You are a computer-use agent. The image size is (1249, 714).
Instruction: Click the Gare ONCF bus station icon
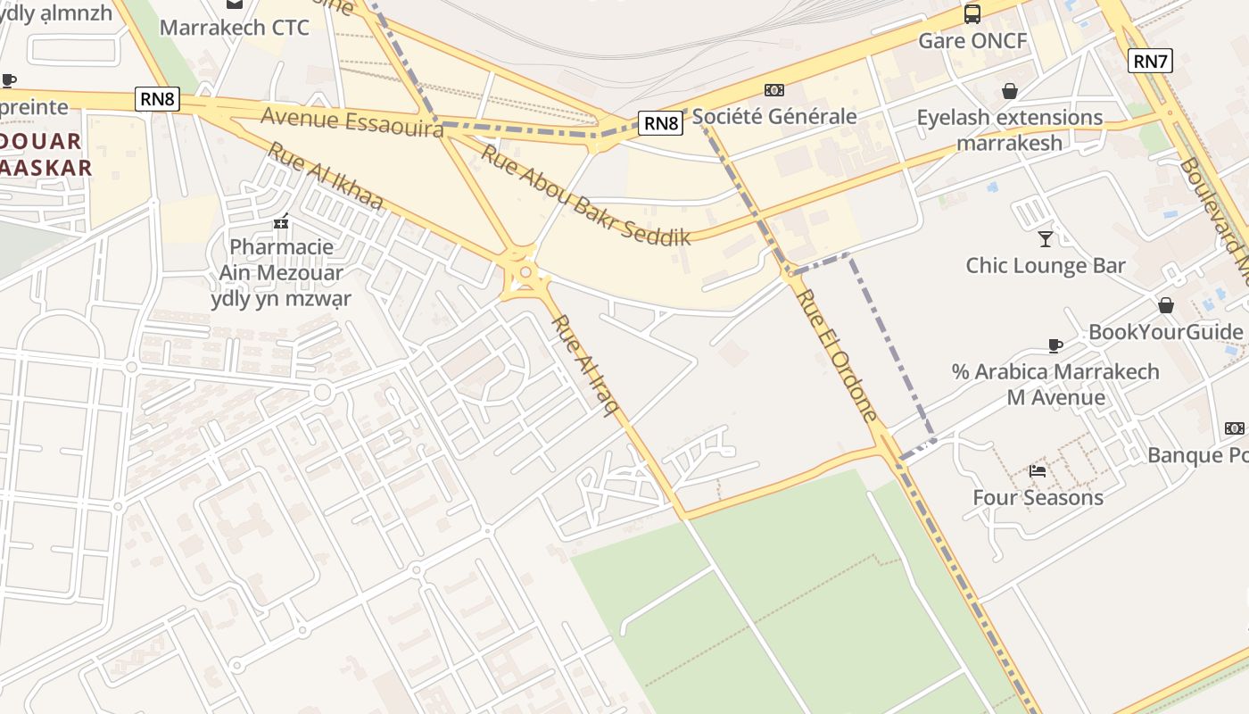[x=972, y=14]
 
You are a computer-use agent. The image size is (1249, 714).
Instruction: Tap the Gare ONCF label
[x=972, y=41]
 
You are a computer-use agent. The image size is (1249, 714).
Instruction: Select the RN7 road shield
[x=1150, y=61]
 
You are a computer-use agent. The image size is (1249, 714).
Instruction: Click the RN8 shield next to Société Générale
[x=661, y=123]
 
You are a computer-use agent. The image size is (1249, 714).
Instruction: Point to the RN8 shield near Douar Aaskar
[x=158, y=98]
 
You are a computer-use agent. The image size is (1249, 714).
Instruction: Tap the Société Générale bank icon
[x=774, y=90]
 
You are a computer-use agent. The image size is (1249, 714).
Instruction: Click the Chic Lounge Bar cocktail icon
[x=1046, y=238]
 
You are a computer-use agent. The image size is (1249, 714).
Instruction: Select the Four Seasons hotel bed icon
[x=1038, y=470]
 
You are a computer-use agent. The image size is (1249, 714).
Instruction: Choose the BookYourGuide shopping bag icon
[x=1165, y=305]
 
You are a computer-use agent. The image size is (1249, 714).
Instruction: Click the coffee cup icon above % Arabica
[x=1055, y=345]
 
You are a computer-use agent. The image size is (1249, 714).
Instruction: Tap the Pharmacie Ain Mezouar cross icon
[x=282, y=220]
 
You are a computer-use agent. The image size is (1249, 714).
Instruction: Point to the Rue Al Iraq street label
[x=585, y=365]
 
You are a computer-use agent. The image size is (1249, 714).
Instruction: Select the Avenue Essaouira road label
[x=352, y=121]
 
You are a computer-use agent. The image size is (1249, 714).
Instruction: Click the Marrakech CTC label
[x=235, y=28]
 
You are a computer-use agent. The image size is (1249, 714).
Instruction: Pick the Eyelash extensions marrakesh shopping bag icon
[x=1010, y=91]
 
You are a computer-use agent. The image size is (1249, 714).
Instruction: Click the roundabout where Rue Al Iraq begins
[x=525, y=272]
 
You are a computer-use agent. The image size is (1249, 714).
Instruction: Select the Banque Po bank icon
[x=1235, y=428]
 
